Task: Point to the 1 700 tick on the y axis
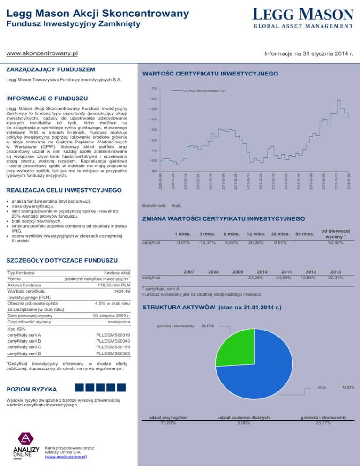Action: pos(153,89)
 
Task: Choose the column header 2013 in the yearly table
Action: pos(336,271)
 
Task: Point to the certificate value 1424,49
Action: pos(120,291)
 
